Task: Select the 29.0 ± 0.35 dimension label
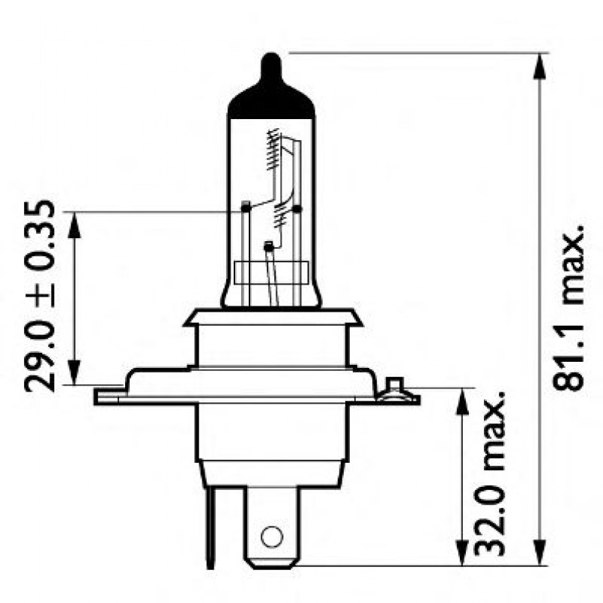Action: coord(40,295)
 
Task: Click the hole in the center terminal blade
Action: coord(270,536)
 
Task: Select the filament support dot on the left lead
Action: coord(245,205)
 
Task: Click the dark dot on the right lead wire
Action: coord(297,209)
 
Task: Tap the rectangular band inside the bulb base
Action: coord(271,272)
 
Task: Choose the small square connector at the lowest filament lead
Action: coord(269,245)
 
